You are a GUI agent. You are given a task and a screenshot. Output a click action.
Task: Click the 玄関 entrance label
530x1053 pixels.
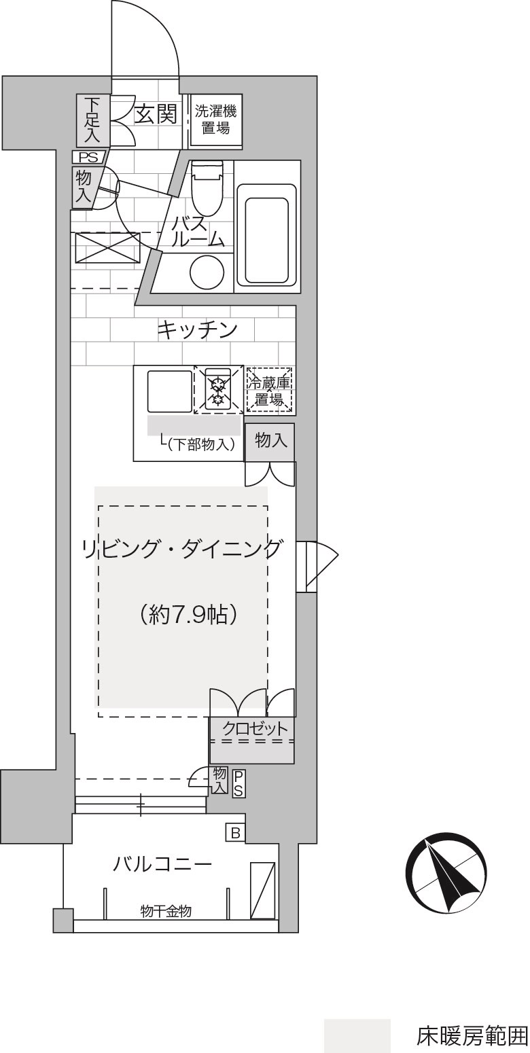click(x=156, y=114)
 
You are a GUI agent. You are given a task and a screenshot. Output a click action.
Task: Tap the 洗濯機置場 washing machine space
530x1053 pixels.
click(x=215, y=121)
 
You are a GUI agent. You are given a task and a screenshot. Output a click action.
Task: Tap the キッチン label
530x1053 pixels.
click(x=197, y=330)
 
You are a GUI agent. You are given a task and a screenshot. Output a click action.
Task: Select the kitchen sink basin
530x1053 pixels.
click(x=170, y=391)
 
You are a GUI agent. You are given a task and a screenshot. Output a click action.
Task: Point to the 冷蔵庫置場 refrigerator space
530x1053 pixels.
click(x=270, y=391)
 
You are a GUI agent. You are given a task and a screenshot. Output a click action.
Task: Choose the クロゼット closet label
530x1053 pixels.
click(x=254, y=729)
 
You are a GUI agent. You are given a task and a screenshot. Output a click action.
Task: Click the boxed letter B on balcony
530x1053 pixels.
click(x=236, y=834)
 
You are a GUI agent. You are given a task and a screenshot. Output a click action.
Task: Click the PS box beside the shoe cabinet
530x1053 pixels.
click(x=89, y=157)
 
